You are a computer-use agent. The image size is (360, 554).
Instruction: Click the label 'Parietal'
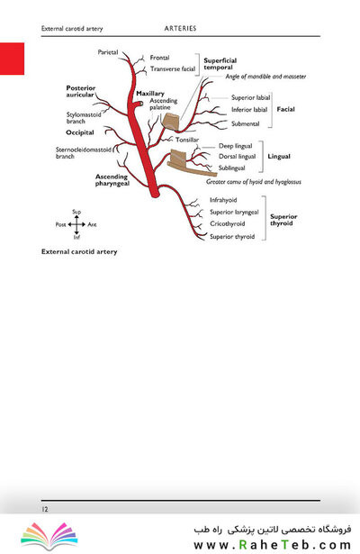coord(108,52)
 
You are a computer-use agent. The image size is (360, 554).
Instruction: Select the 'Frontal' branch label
coord(159,58)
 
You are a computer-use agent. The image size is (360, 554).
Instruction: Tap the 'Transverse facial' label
coord(173,68)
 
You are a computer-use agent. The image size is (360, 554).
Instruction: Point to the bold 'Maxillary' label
coord(150,94)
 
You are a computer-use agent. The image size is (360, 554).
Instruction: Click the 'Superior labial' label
coord(250,97)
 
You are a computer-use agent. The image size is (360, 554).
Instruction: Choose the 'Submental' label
coord(246,123)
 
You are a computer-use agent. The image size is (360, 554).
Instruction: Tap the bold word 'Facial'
coord(285,109)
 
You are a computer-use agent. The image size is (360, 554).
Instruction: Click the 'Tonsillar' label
coord(187,140)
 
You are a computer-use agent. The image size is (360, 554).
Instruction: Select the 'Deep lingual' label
coord(236,146)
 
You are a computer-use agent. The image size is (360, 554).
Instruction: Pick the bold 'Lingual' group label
coord(279,156)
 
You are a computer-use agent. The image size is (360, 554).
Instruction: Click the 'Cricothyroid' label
coord(228,223)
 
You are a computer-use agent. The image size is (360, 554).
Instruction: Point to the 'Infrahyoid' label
coord(223,200)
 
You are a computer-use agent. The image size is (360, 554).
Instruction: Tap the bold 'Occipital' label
coord(80,132)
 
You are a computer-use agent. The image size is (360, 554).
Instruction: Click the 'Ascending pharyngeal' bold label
coord(112,180)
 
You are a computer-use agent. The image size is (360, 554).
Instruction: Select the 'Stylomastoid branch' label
coord(84,118)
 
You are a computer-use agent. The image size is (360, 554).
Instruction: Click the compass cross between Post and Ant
coord(76,224)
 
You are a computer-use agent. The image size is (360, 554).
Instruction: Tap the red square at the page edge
coord(12,59)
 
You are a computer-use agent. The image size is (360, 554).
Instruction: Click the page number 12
coord(45,509)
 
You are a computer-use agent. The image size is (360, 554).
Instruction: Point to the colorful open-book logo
coord(49,536)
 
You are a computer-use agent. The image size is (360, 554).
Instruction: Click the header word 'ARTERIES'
coord(180,28)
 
